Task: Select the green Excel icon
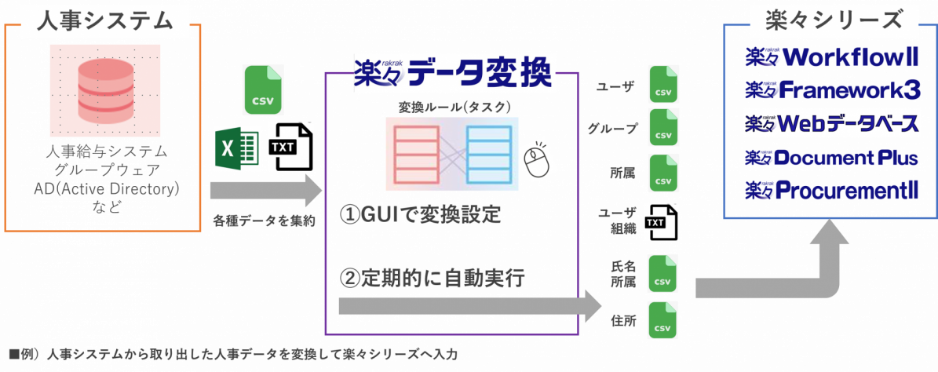point(237,148)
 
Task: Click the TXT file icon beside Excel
point(290,147)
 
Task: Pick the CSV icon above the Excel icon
point(263,91)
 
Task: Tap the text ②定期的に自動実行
point(433,279)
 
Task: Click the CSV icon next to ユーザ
point(663,85)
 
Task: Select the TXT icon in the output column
point(660,221)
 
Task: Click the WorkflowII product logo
point(831,58)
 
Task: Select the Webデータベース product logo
point(831,123)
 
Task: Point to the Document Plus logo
point(831,158)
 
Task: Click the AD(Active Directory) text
point(107,190)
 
